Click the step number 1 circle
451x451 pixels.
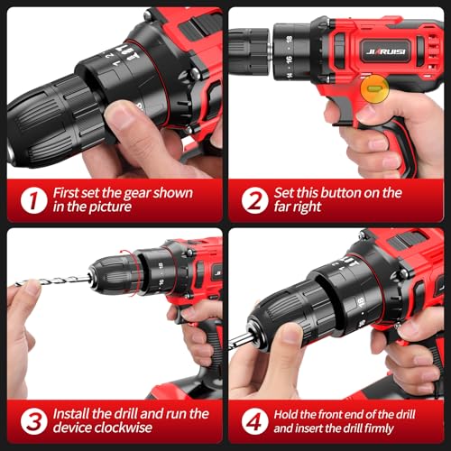31,198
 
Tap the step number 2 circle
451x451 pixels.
256,198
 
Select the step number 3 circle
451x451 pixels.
31,419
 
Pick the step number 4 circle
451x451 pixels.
255,419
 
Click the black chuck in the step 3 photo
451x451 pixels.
113,272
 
